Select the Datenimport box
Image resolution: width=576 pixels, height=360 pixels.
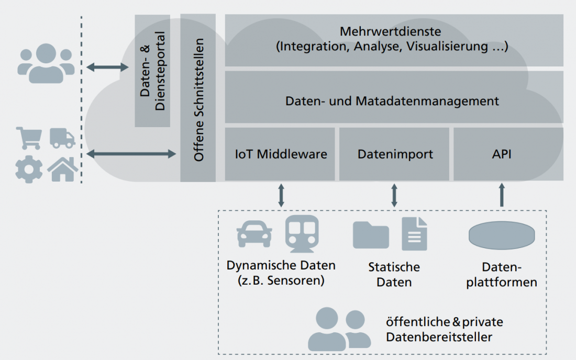(394, 154)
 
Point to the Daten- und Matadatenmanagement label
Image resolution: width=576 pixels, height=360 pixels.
(392, 100)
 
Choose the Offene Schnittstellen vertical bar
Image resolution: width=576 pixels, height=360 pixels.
(198, 98)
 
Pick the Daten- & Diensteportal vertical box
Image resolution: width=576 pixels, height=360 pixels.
(152, 71)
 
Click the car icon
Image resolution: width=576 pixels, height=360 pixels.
(254, 233)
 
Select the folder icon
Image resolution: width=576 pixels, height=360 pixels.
(371, 235)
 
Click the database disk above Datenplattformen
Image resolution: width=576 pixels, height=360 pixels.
(502, 235)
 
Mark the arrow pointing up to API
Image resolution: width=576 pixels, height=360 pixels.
(502, 194)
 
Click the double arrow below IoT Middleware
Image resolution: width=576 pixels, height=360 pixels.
(281, 194)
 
